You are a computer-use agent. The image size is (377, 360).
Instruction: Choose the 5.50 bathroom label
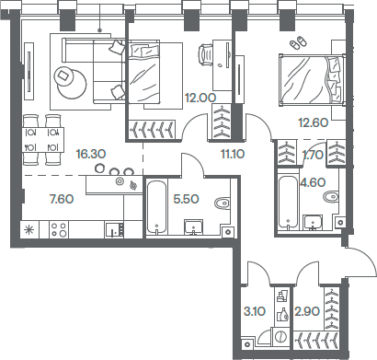click(187, 199)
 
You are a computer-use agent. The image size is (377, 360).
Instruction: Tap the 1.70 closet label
click(314, 157)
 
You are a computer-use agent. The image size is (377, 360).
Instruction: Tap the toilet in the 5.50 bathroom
click(220, 203)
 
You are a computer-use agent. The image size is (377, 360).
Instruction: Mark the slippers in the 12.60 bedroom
click(296, 42)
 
